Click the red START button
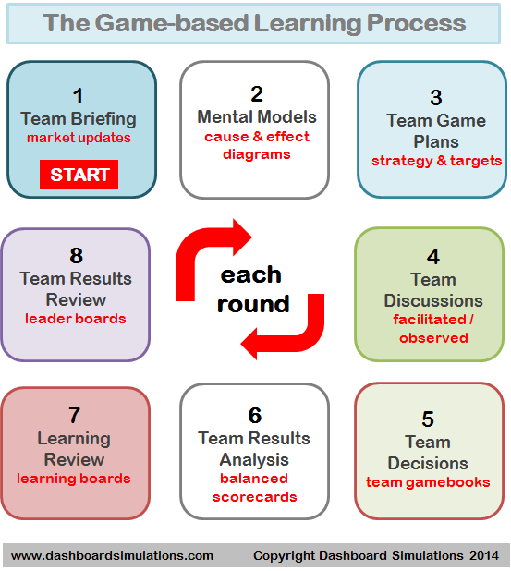[79, 175]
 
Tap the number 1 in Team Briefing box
[78, 96]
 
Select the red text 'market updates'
[79, 138]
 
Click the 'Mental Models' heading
[257, 117]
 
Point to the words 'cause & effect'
[257, 137]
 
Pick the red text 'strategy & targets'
[437, 161]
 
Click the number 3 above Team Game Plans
[436, 98]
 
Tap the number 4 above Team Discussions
[433, 257]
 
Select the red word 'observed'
[433, 338]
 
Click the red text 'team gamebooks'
[428, 482]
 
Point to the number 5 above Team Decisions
[428, 419]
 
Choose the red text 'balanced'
[254, 479]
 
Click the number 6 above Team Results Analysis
[255, 416]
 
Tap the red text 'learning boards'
[74, 479]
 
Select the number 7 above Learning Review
[74, 416]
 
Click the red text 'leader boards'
[76, 319]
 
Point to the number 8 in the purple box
[76, 256]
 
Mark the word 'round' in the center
[253, 304]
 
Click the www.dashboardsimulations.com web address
[112, 555]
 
